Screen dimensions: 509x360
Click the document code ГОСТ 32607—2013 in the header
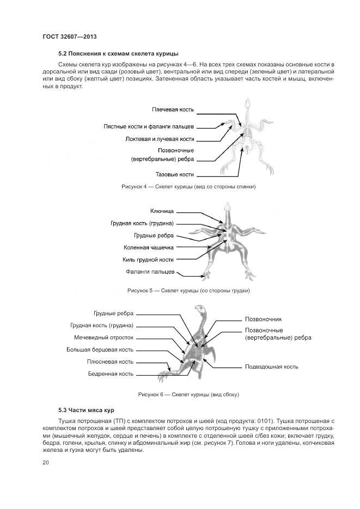point(69,36)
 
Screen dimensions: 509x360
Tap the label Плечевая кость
point(173,111)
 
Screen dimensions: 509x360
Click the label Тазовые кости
point(175,175)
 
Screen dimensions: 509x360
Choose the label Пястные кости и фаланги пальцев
point(149,126)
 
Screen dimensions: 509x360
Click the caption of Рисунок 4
point(188,187)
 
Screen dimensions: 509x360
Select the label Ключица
point(162,211)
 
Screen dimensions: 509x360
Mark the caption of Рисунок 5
point(188,291)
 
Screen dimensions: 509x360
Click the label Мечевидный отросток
point(103,338)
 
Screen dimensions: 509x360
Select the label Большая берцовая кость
point(100,349)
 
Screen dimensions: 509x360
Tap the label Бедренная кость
point(111,374)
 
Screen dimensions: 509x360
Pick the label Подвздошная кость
point(271,366)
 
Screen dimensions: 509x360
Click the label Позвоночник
point(263,319)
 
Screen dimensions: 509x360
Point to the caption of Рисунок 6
point(188,394)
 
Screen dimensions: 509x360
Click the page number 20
point(45,462)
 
